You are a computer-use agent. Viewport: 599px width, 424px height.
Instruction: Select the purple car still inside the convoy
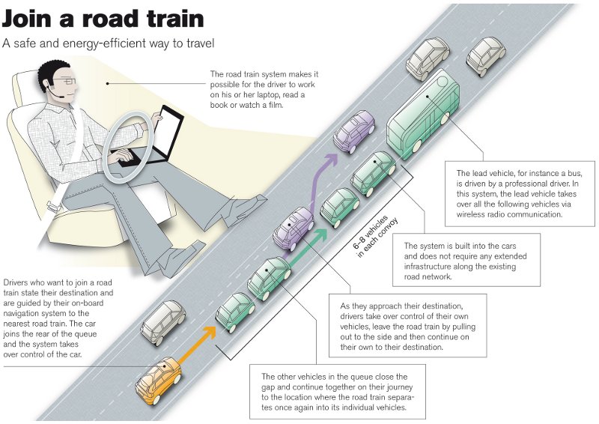click(x=293, y=228)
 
